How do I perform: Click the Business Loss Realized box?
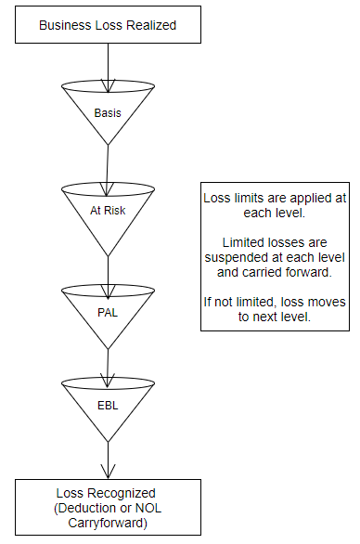click(x=108, y=25)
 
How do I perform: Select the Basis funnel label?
click(x=108, y=113)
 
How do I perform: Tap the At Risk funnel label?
click(x=108, y=210)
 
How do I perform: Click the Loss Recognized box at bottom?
click(x=108, y=506)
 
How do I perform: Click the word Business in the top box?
click(x=65, y=25)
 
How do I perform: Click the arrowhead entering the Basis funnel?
click(x=109, y=85)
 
